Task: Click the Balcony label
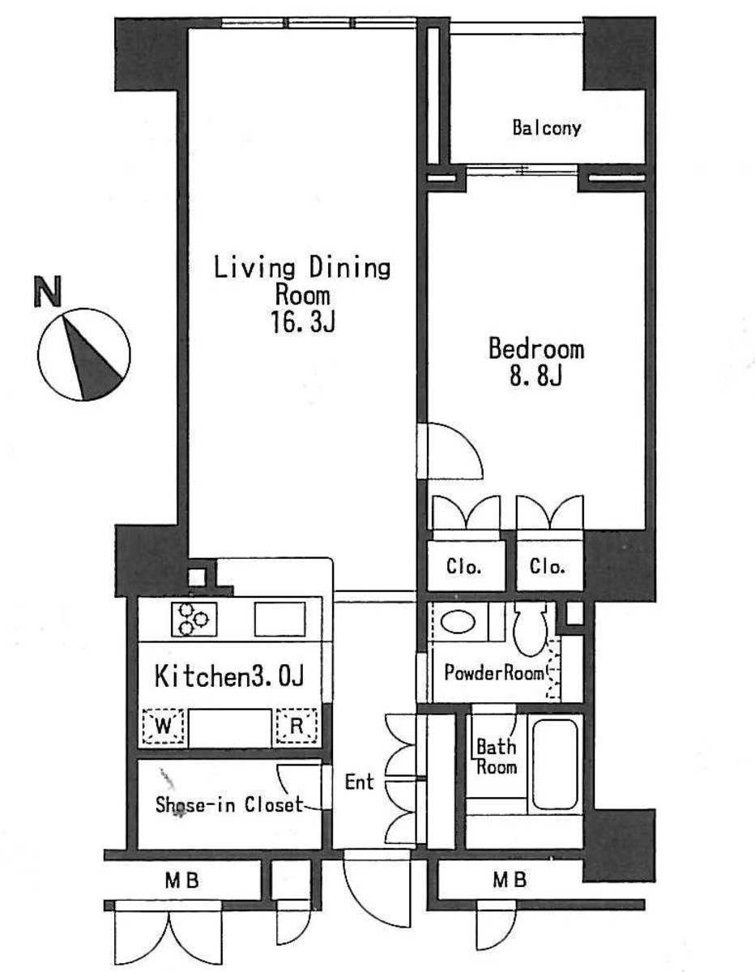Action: pos(547,128)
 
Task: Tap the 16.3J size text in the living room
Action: pos(303,322)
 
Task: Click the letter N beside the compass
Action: pos(48,292)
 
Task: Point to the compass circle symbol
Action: pos(84,354)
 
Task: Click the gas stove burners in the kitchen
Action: pos(194,619)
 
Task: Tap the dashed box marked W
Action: pos(164,726)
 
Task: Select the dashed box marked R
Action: pos(296,726)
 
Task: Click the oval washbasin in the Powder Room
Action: pos(459,622)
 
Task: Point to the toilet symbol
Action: pos(531,629)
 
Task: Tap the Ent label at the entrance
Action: pos(359,782)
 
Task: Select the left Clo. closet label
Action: pos(464,567)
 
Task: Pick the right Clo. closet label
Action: pos(548,567)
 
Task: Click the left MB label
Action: pos(182,880)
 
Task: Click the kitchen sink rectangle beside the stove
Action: pos(280,619)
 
